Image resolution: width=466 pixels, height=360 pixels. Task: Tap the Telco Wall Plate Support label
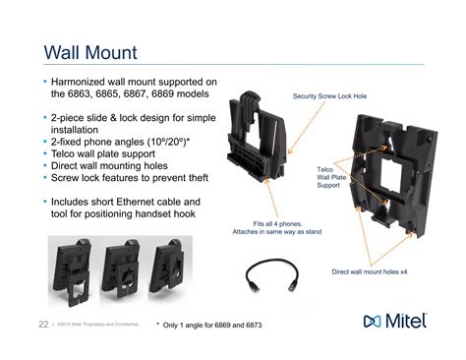(329, 177)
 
